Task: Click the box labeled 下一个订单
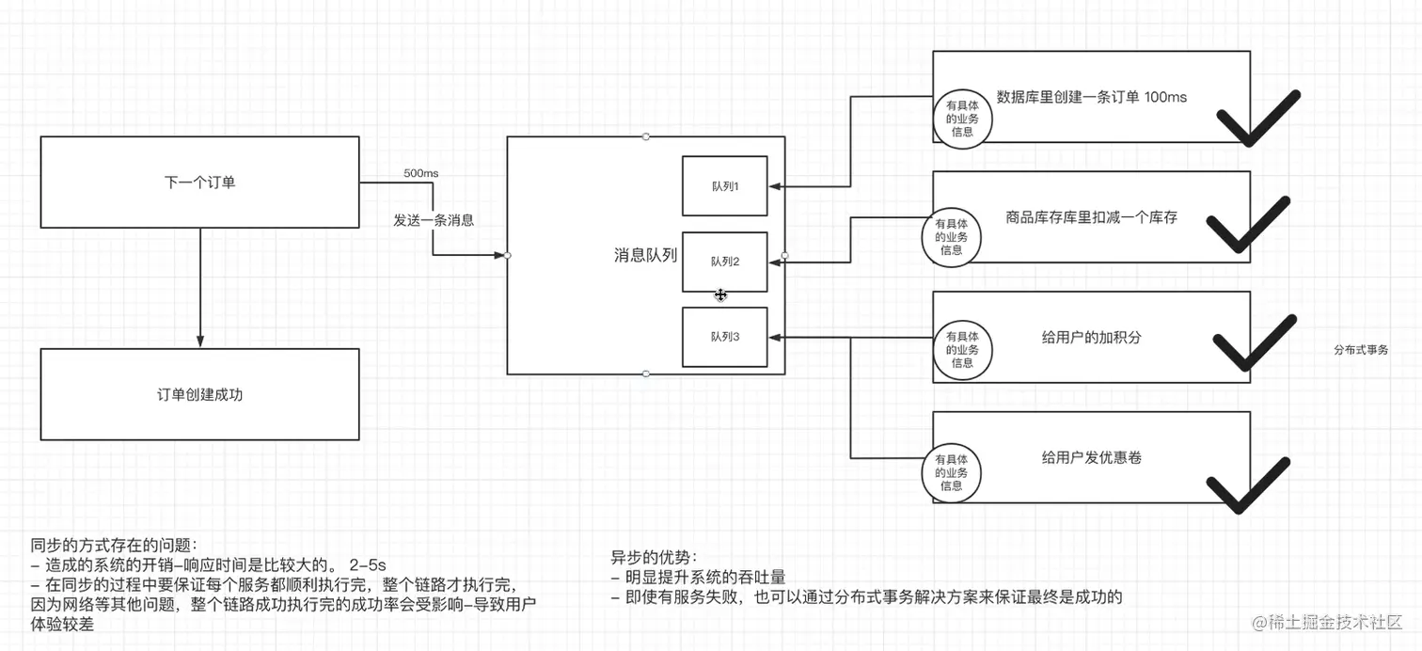pyautogui.click(x=199, y=182)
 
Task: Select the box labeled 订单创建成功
pyautogui.click(x=199, y=394)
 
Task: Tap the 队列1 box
pyautogui.click(x=724, y=186)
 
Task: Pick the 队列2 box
pyautogui.click(x=724, y=262)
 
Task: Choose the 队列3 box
pyautogui.click(x=724, y=337)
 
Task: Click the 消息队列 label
pyautogui.click(x=645, y=255)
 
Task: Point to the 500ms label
pyautogui.click(x=420, y=174)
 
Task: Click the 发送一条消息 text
pyautogui.click(x=433, y=220)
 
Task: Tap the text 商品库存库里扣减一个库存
pyautogui.click(x=1091, y=217)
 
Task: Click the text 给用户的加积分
pyautogui.click(x=1091, y=337)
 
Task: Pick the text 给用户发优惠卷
pyautogui.click(x=1091, y=457)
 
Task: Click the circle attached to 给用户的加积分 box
pyautogui.click(x=962, y=349)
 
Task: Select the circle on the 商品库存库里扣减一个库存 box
pyautogui.click(x=951, y=237)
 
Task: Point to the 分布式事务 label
pyautogui.click(x=1360, y=349)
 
